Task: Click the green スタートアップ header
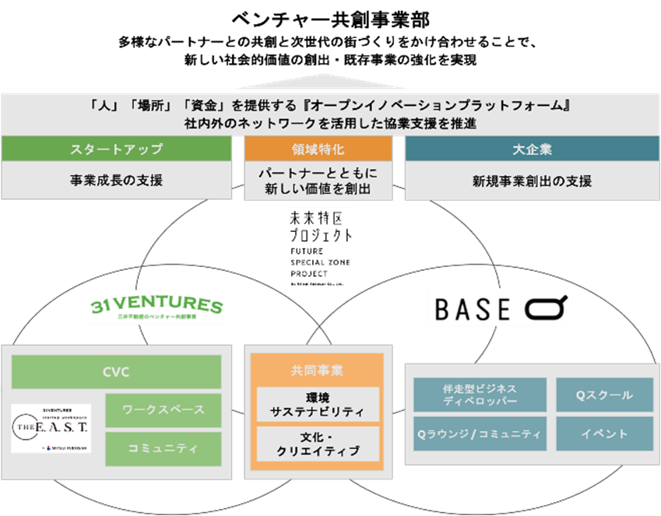click(116, 149)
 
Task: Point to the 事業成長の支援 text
click(116, 181)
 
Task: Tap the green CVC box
click(116, 372)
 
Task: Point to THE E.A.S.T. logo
click(51, 428)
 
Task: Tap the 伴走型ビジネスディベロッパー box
click(478, 395)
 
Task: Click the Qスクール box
click(604, 395)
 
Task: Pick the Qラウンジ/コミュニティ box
click(478, 434)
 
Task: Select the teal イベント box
click(604, 434)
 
